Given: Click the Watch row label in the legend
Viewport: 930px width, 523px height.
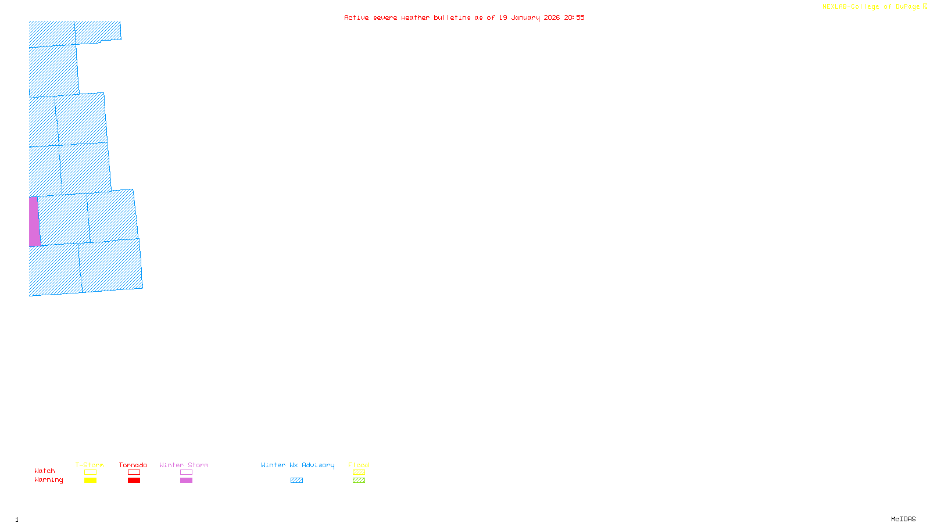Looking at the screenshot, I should coord(45,471).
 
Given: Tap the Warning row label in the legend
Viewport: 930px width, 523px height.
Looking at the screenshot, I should coord(49,480).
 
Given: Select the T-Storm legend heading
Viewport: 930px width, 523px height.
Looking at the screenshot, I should coord(90,465).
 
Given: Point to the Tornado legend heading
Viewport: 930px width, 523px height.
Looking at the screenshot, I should coord(133,465).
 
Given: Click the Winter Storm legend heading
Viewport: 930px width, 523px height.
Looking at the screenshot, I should coord(184,465).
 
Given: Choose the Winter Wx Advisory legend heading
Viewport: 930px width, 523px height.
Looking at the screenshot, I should coord(298,465).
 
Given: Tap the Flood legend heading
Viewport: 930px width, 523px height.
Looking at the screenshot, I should coord(359,465).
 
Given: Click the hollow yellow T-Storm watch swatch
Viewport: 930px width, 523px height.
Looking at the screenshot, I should coord(90,472).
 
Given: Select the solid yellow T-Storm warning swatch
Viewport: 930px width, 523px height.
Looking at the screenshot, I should coord(90,481).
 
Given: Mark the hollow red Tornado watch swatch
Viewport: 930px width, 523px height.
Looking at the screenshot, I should coord(134,472).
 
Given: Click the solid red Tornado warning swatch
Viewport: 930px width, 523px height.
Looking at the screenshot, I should coord(134,481).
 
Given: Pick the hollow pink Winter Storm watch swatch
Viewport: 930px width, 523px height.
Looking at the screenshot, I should coord(186,472).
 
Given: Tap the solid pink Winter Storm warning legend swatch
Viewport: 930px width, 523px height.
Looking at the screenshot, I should coord(186,481).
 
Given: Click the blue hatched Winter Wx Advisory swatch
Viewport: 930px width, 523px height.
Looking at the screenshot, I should coord(296,481).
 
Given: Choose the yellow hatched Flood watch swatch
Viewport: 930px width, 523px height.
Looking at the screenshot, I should coord(359,472).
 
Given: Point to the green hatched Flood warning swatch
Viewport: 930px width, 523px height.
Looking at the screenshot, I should coord(359,481).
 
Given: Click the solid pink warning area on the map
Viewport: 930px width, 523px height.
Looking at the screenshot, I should coord(34,221).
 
